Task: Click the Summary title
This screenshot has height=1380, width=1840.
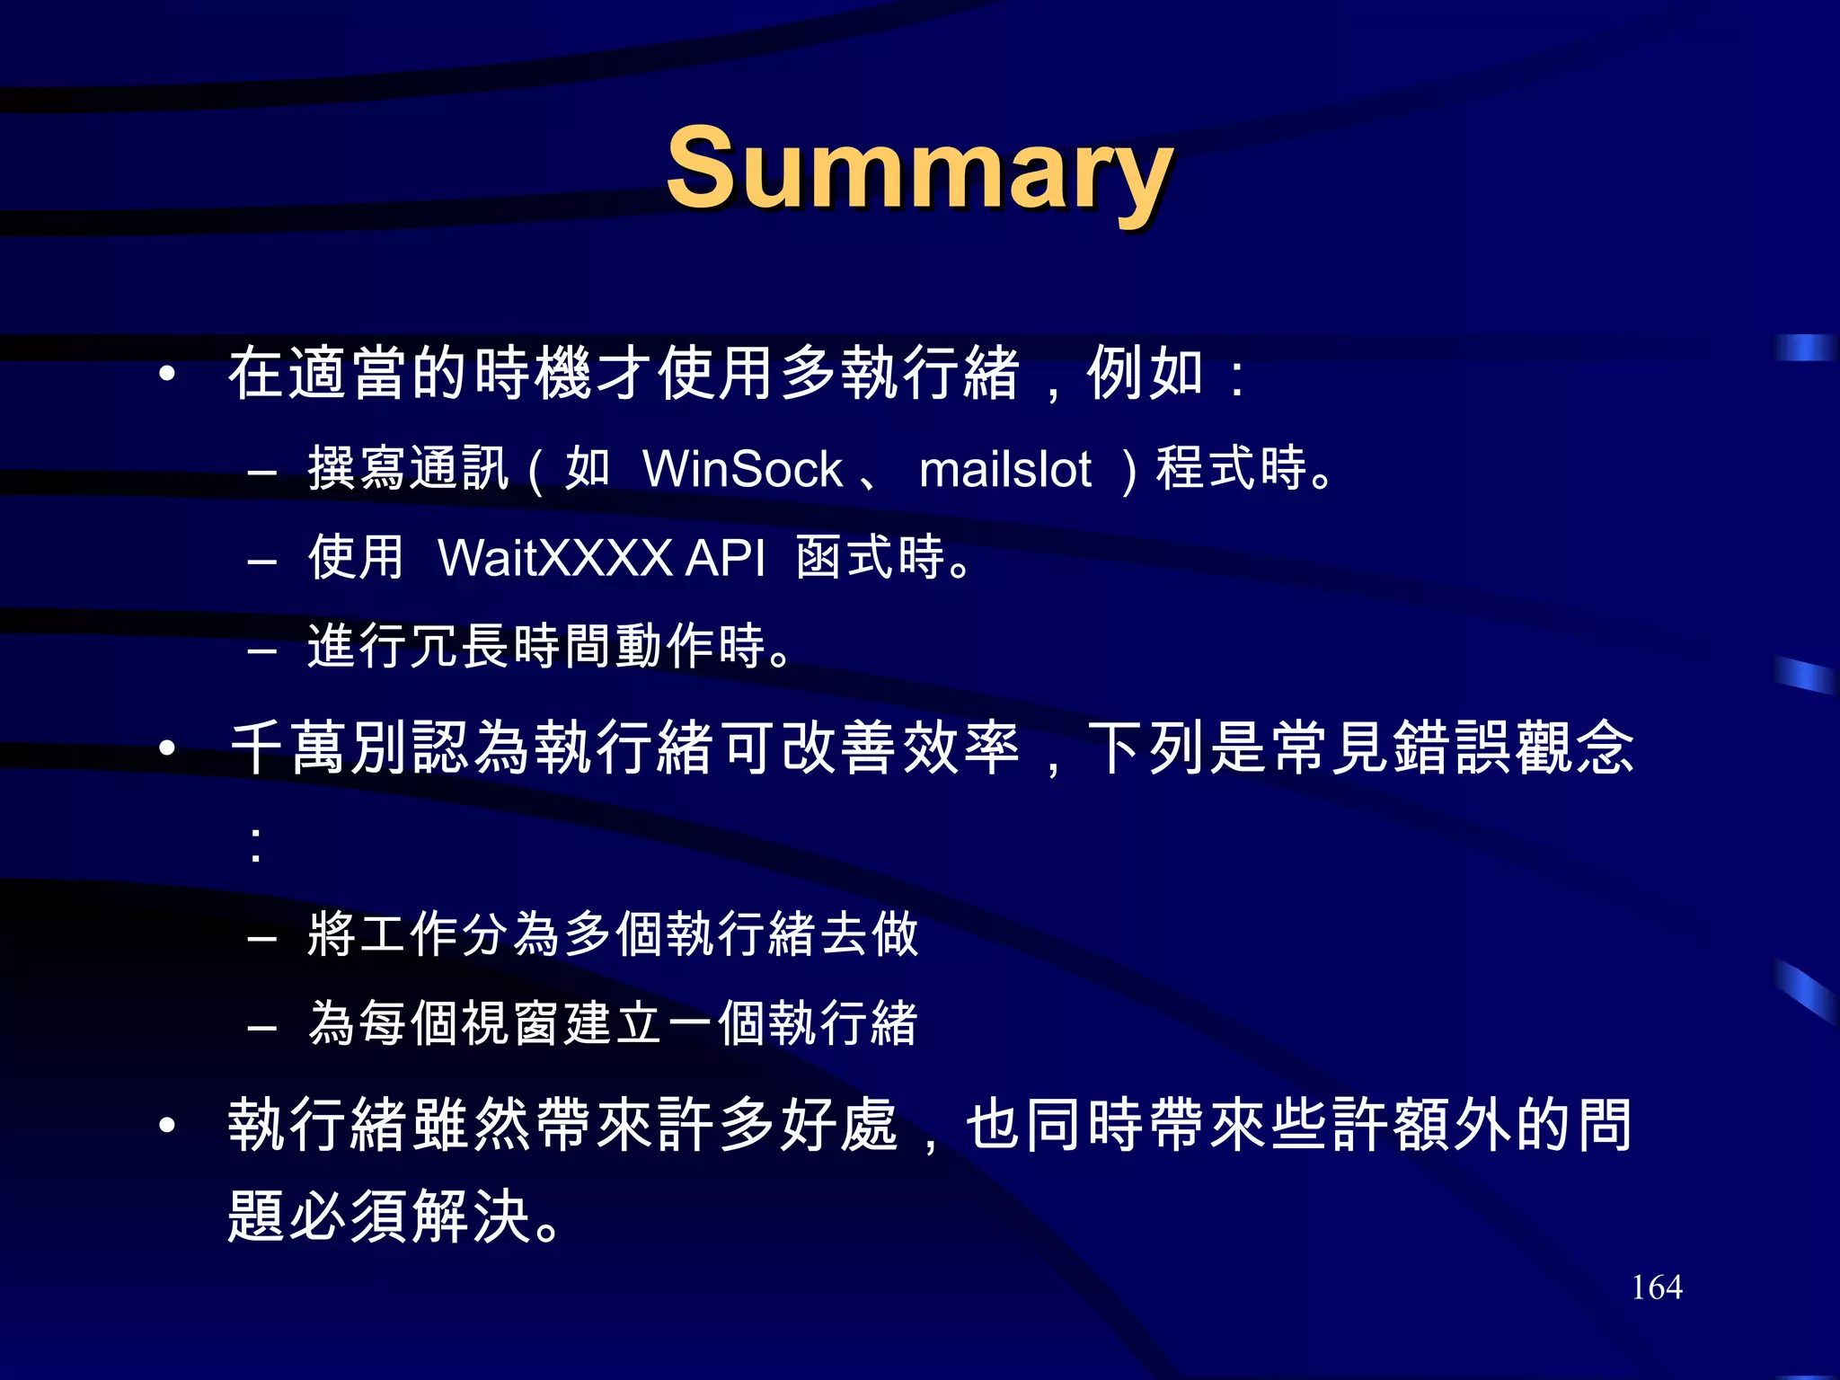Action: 918,169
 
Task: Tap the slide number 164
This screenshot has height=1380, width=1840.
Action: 1656,1287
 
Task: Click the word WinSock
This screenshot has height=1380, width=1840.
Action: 742,469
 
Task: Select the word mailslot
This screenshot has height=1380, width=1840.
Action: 1004,469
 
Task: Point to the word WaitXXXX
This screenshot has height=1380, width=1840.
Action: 554,558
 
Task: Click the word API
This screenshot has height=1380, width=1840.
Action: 725,558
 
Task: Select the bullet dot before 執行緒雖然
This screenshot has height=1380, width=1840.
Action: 166,1125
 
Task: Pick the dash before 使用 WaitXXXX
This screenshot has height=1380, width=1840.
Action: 261,562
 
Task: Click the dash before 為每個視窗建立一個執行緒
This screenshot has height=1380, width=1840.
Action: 261,1027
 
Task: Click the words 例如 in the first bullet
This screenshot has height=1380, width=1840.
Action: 1145,373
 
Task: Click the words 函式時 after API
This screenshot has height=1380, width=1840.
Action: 870,557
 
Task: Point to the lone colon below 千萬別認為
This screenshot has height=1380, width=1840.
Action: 257,845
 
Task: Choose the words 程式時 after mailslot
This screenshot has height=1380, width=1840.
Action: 1231,468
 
